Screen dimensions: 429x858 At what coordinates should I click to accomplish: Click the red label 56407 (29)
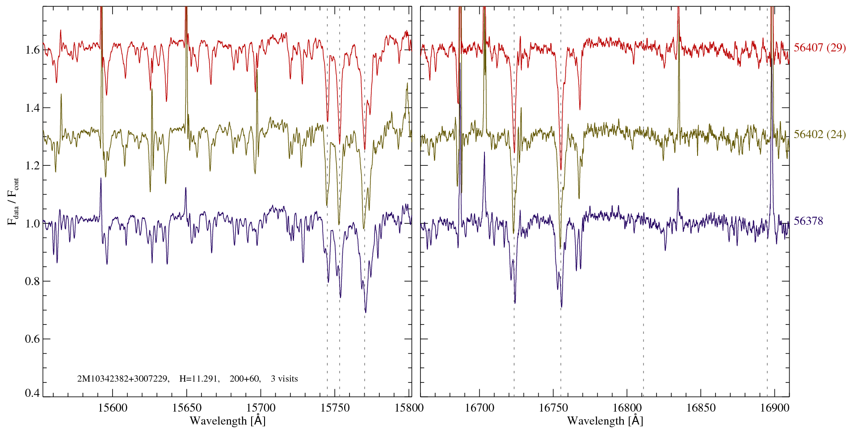(x=819, y=48)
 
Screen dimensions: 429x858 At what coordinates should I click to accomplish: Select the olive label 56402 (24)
(x=819, y=135)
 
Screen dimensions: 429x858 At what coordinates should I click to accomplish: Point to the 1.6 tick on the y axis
(x=32, y=50)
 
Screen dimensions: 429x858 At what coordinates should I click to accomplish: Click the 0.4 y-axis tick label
(x=32, y=393)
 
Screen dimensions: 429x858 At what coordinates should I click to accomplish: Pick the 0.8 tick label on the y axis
(x=32, y=281)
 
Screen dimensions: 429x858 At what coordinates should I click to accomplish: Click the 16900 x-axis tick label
(x=774, y=408)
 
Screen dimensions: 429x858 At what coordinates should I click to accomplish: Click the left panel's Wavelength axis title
(x=227, y=421)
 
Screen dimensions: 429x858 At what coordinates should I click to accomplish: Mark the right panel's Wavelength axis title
(x=605, y=421)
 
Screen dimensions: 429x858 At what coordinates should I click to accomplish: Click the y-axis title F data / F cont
(x=13, y=201)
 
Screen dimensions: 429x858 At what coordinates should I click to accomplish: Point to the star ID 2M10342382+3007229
(x=123, y=379)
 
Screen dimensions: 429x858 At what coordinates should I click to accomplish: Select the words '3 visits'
(x=284, y=379)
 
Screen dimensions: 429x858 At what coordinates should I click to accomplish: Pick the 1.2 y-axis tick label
(x=32, y=166)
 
